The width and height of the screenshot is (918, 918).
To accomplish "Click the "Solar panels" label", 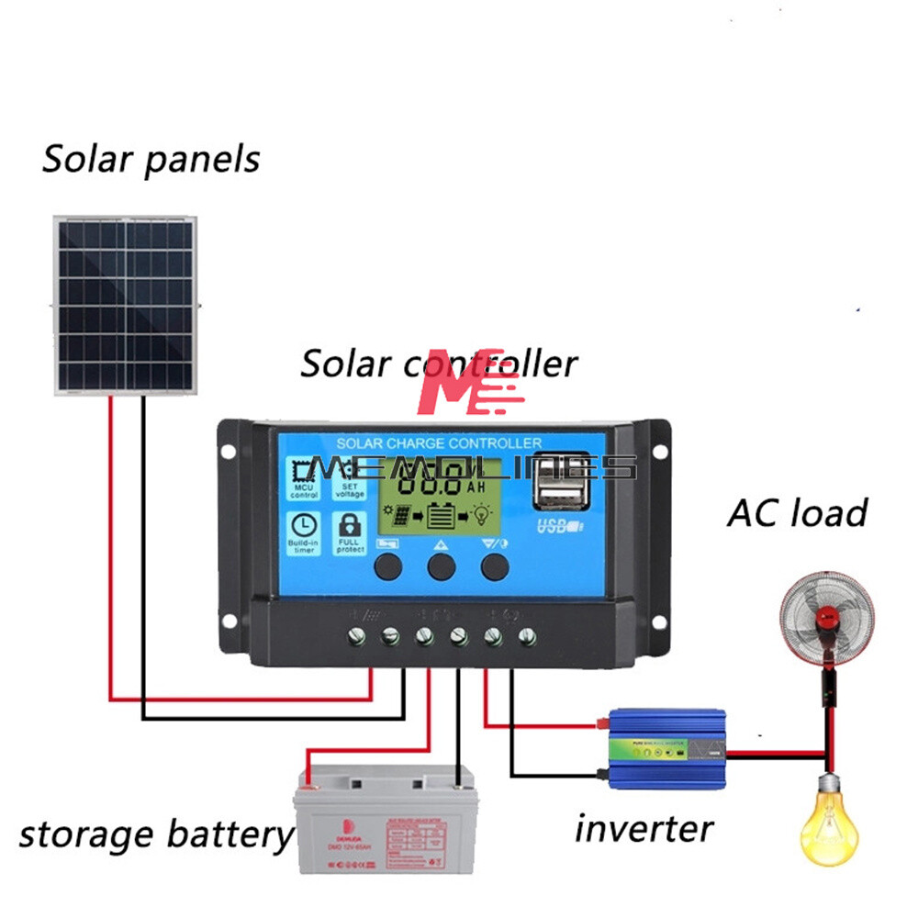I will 151,159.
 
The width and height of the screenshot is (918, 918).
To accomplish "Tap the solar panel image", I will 125,305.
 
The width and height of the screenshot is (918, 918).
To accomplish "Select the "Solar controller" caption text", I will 439,363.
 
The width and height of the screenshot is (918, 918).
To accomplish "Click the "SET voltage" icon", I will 350,479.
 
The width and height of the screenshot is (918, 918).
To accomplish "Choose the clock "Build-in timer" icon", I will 304,532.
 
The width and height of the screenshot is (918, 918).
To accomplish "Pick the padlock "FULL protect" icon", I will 350,532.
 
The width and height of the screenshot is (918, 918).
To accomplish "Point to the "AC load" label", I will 797,512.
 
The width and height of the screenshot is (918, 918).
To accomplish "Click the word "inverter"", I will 644,828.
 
